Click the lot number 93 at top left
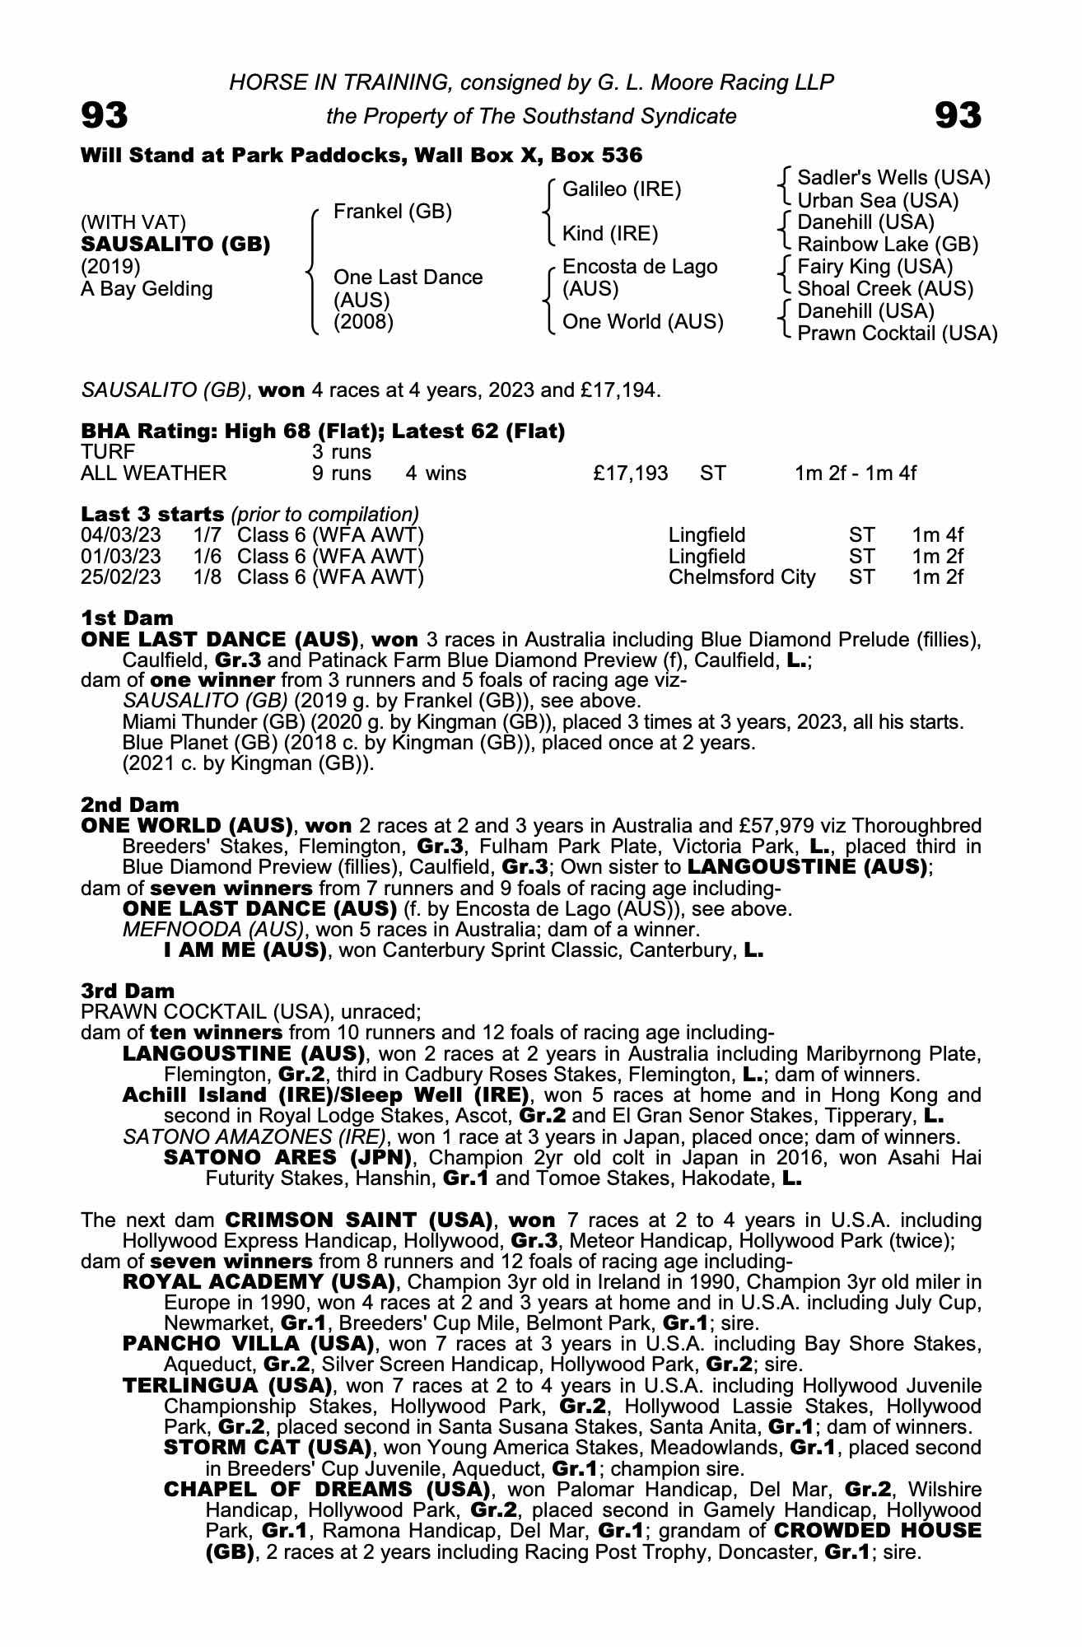105,115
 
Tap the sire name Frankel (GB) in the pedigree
392,212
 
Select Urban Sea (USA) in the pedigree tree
878,200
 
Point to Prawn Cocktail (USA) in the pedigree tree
897,334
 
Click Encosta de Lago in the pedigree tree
639,267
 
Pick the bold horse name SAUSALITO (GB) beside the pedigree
175,245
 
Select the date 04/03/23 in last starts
121,534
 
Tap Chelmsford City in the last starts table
741,576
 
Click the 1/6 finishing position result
208,556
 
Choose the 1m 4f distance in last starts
937,534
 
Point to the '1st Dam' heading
128,618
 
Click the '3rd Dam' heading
128,991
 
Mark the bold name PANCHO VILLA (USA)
249,1344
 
